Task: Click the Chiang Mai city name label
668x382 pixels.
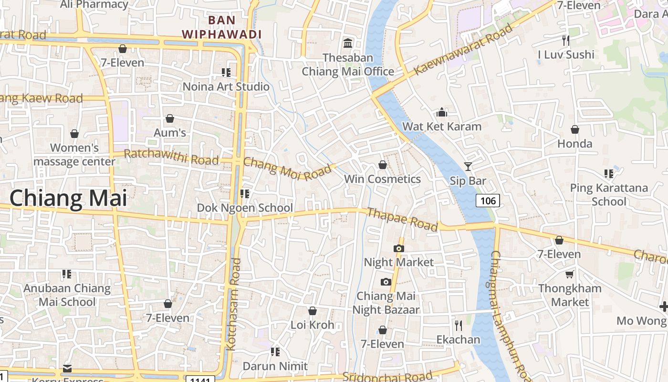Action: pos(68,198)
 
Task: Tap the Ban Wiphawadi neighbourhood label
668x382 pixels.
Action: pos(222,27)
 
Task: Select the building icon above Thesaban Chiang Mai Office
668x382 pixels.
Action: pos(348,43)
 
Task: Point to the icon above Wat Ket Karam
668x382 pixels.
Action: pos(442,113)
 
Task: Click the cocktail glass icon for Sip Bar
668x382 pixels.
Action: pos(468,166)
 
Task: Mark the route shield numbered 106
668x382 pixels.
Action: pos(488,201)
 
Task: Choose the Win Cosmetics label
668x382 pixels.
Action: pos(382,179)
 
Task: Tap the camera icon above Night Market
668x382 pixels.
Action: pos(398,248)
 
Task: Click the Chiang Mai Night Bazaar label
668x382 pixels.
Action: pos(386,303)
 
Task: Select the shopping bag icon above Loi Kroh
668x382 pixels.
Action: pos(313,311)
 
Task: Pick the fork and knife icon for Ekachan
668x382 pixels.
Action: pos(459,326)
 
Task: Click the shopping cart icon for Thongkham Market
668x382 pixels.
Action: pos(569,274)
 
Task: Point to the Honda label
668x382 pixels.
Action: pos(574,144)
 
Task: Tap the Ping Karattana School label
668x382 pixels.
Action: pos(609,194)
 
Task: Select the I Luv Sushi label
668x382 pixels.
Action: pos(566,54)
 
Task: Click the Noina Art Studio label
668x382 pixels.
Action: pos(226,86)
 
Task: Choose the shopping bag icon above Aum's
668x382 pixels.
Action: pos(169,118)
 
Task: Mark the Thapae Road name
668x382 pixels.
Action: pos(402,219)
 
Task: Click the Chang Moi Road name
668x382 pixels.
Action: pos(287,169)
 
